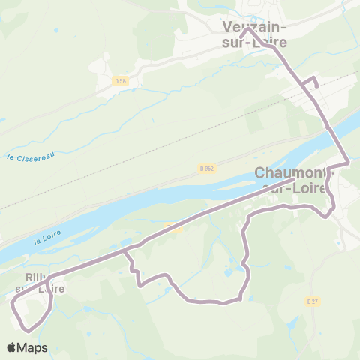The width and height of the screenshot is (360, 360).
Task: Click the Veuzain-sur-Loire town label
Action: [x=255, y=34]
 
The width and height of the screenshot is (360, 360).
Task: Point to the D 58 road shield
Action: [x=120, y=81]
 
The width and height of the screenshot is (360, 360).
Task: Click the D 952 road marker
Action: [x=208, y=169]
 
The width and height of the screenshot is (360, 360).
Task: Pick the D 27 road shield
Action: [x=313, y=301]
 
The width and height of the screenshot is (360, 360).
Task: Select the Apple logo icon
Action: [x=12, y=347]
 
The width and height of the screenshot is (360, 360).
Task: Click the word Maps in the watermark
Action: [x=34, y=347]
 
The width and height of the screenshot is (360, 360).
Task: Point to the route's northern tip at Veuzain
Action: [x=248, y=31]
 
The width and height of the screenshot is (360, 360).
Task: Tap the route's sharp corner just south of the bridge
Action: [x=348, y=163]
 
